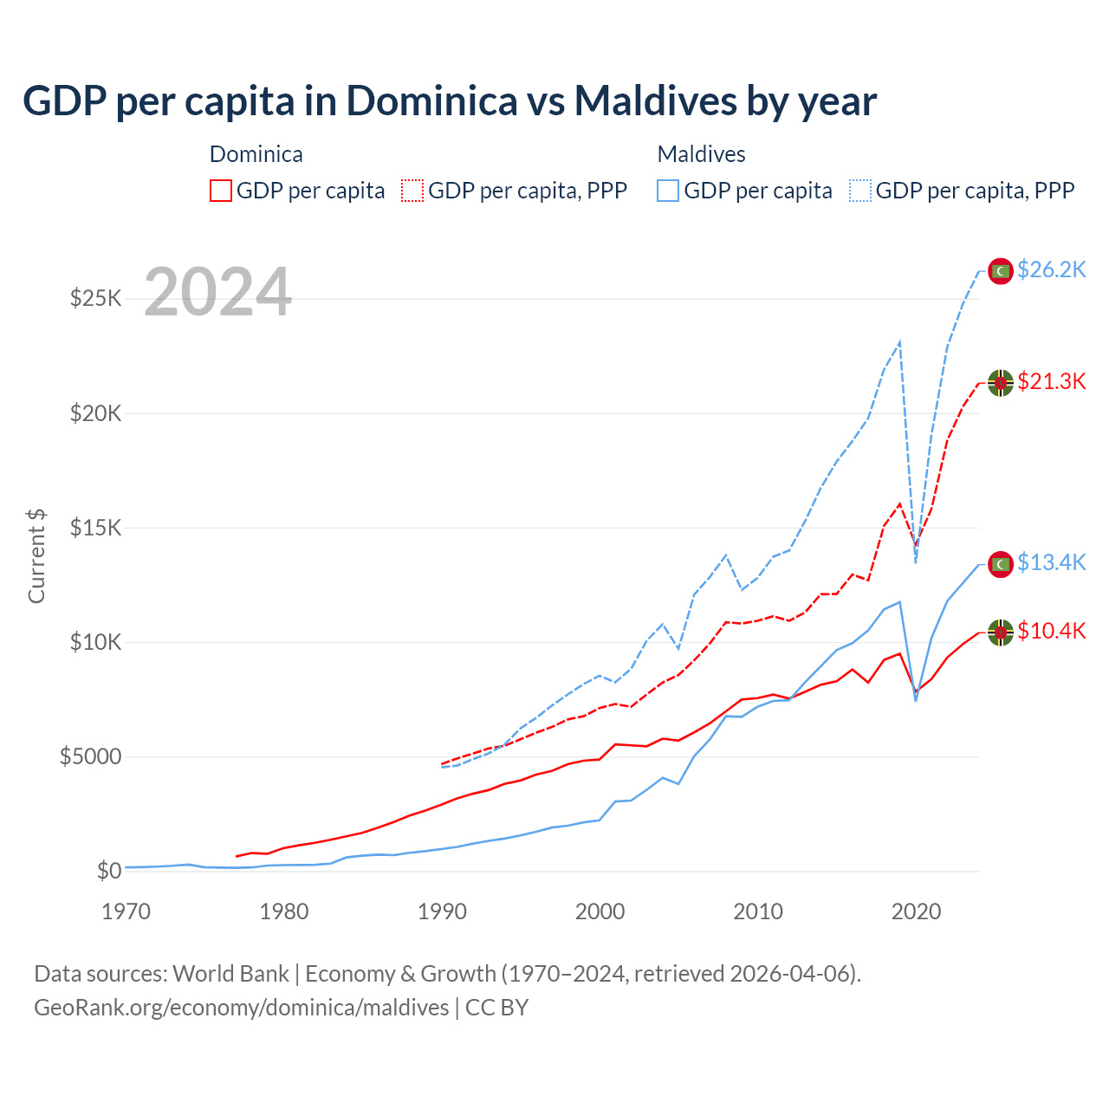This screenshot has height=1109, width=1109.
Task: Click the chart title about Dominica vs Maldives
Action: pos(449,101)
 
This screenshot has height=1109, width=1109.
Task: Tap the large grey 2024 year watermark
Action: pos(217,292)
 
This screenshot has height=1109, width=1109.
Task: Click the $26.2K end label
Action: pos(1051,270)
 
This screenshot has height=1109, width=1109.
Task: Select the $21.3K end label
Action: pos(1051,382)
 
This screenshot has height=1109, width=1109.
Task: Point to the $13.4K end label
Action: pos(1051,563)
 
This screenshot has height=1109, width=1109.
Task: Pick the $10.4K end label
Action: pos(1051,632)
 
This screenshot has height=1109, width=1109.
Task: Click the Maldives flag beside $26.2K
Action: pos(1001,271)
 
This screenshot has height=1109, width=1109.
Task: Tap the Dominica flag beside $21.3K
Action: pos(1001,383)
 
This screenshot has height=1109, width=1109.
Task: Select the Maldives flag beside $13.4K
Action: pos(1001,564)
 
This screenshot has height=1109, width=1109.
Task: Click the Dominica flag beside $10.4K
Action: pos(1001,632)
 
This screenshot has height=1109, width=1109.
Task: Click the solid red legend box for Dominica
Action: pos(221,191)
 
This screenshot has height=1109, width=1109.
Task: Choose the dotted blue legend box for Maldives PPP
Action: pos(860,191)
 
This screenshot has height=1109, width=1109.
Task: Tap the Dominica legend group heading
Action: pos(256,154)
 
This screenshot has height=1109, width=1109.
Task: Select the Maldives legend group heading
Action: pos(701,154)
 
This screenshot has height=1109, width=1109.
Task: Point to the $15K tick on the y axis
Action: pos(95,528)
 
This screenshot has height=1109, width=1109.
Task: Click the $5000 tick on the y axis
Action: pos(90,756)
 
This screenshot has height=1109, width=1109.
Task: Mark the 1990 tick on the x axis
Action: pos(442,911)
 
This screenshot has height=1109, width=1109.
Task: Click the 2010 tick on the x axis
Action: pos(758,911)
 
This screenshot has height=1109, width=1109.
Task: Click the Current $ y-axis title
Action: pos(36,556)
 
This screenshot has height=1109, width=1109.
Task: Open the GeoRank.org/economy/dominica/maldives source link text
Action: pos(242,1008)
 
